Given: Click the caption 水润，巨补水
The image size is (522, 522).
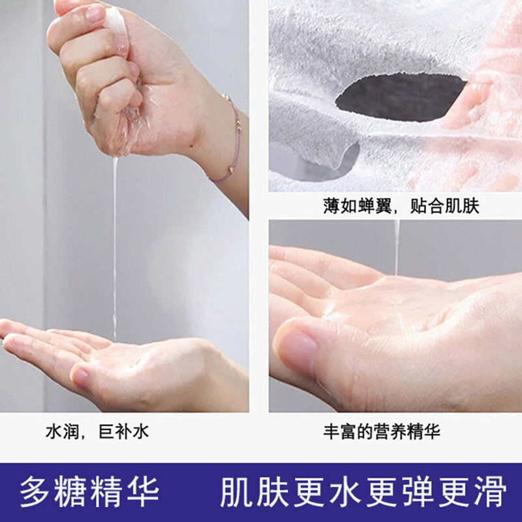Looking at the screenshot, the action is [97, 432].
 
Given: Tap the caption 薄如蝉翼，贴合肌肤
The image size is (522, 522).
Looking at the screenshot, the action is [401, 206].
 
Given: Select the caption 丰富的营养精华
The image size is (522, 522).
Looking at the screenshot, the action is [382, 432].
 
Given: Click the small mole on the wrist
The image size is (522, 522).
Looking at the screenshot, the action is [192, 146].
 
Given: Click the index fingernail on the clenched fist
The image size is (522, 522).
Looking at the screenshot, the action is [95, 13].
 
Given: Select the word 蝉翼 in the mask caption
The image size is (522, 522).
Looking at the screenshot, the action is [372, 206].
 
